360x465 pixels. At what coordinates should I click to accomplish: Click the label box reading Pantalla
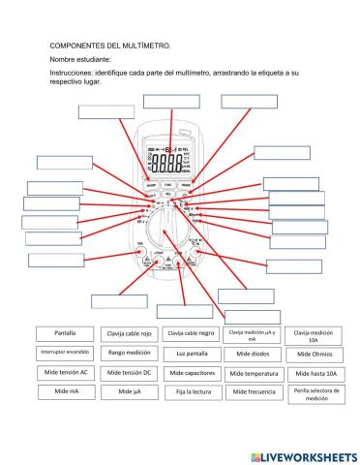click(x=66, y=333)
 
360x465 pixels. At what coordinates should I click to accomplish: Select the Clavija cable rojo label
click(x=128, y=333)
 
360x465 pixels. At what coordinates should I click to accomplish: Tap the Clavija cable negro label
click(x=191, y=333)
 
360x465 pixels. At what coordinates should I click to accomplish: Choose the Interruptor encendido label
click(x=66, y=352)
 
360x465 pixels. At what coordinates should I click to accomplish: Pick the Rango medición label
click(x=128, y=353)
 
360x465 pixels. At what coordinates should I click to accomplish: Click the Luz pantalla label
click(x=191, y=354)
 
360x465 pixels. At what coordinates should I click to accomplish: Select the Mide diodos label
click(x=254, y=354)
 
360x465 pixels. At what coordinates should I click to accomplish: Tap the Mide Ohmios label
click(x=314, y=354)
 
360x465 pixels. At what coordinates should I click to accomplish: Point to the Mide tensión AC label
click(x=66, y=372)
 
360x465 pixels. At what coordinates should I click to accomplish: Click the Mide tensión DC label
click(x=128, y=372)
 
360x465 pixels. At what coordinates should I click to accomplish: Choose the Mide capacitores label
click(x=191, y=373)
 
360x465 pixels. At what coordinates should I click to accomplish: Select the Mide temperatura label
click(x=254, y=373)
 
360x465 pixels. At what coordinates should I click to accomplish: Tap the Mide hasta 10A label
click(x=314, y=373)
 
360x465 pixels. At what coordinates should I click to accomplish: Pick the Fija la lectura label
click(x=191, y=392)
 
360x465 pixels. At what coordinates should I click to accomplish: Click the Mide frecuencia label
click(x=254, y=392)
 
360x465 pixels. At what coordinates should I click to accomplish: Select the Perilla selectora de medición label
click(x=314, y=392)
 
